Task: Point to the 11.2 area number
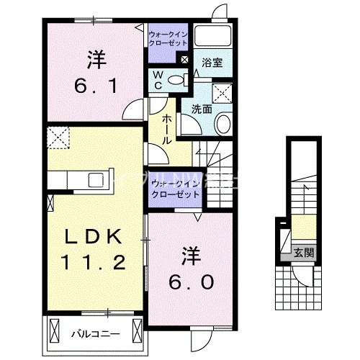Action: coord(89,264)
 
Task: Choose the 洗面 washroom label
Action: coord(201,109)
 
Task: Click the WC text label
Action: coord(157,80)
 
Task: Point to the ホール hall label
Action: coord(167,129)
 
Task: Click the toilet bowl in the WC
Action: coord(181,80)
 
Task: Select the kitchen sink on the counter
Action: coord(96,180)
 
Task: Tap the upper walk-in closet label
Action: coord(168,37)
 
